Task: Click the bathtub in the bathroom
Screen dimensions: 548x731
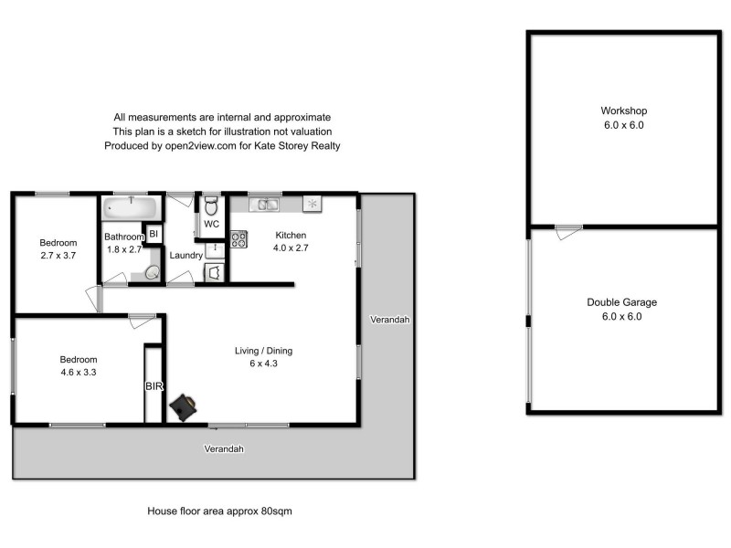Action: (132, 206)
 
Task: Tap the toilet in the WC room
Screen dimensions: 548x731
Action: (211, 205)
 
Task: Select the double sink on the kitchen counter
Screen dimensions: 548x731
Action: (265, 204)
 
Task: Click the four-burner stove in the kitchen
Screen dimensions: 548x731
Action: (239, 239)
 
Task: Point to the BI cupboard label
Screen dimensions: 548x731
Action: (154, 235)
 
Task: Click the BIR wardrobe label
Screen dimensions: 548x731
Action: (154, 386)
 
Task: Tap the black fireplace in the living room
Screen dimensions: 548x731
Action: (187, 406)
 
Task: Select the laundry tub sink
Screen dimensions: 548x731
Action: (215, 248)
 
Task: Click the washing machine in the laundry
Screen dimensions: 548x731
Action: (214, 272)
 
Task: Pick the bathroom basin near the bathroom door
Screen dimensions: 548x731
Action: (153, 272)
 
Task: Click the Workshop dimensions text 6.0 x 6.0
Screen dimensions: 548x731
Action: (624, 126)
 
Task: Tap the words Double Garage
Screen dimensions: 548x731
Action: (621, 302)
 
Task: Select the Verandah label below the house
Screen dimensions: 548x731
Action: (224, 449)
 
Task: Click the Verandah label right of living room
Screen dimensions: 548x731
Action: (389, 320)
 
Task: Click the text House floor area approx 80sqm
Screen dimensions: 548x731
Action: (219, 511)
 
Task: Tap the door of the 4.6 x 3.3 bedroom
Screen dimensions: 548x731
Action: (142, 320)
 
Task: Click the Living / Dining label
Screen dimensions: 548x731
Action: (263, 351)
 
